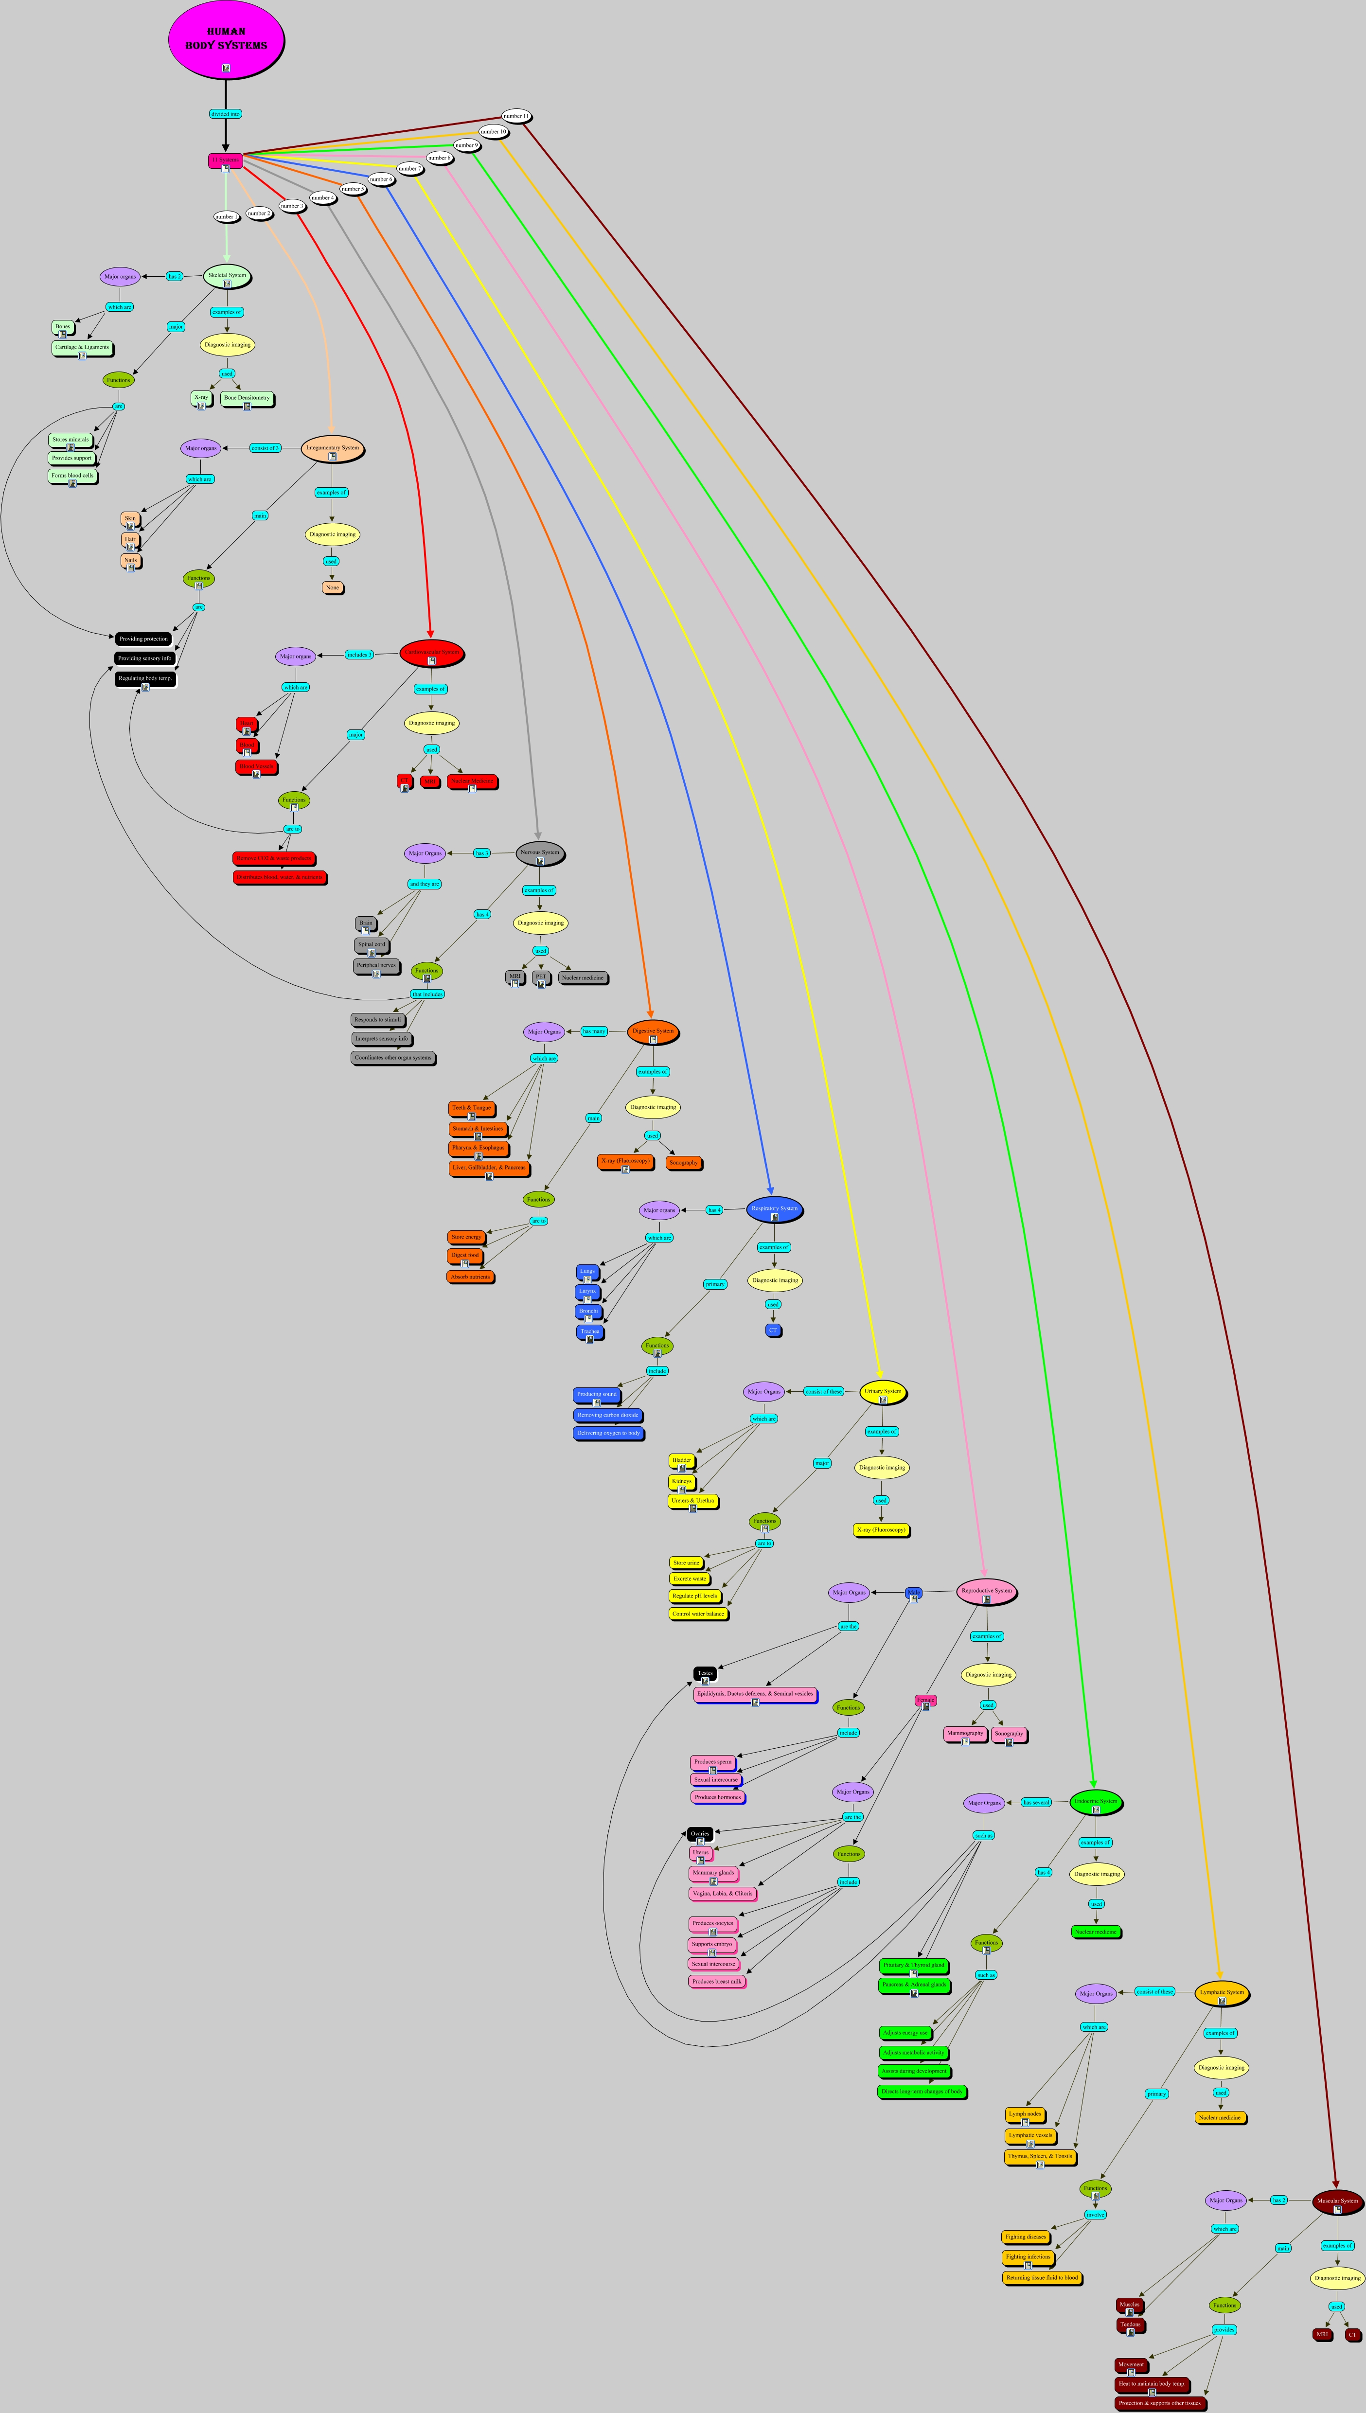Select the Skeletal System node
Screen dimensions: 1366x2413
(227, 276)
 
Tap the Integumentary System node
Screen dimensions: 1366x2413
(332, 448)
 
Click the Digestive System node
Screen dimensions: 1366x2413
(653, 1031)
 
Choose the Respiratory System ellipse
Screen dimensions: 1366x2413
(774, 1208)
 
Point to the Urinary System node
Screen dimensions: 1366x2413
(883, 1392)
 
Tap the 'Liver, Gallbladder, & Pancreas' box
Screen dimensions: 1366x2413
(489, 1168)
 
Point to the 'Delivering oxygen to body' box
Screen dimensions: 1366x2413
(608, 1433)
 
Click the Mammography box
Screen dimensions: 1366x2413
(964, 1734)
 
